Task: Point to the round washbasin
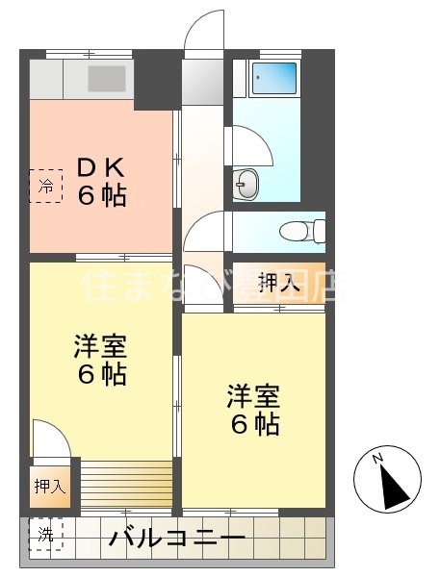tap(247, 184)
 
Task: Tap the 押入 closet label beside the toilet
tap(279, 282)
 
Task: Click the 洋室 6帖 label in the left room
tap(100, 360)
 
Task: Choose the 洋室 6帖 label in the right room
tap(253, 409)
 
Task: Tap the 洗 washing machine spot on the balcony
tap(43, 535)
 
